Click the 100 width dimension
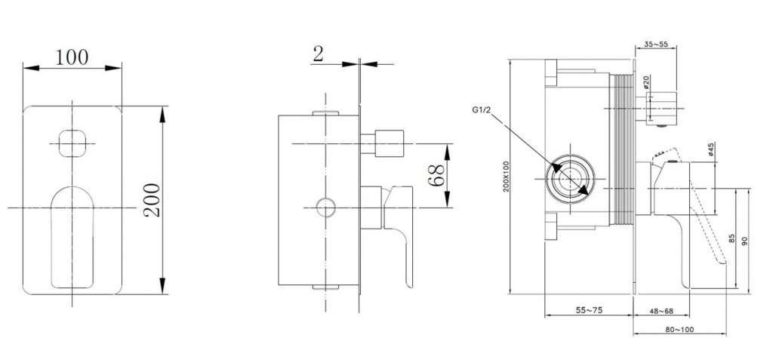coord(72,57)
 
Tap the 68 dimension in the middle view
coord(436,175)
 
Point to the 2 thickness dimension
coord(318,54)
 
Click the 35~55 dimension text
coord(656,45)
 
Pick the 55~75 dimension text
coord(589,311)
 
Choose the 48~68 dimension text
coord(661,311)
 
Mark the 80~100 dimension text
coord(679,329)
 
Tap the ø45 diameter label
coord(711,150)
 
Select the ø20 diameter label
coord(646,82)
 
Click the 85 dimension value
coord(732,238)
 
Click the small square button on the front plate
coord(72,143)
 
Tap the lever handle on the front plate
coord(72,237)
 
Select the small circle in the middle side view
coord(326,208)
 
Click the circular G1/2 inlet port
coord(570,178)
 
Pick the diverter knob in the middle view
coord(390,143)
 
